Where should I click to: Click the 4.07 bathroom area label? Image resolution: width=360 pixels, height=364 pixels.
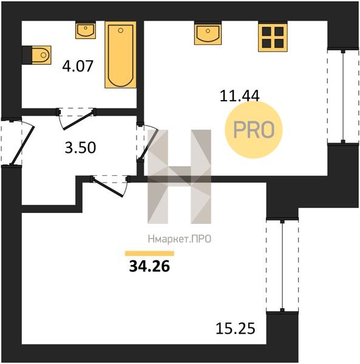coord(78,66)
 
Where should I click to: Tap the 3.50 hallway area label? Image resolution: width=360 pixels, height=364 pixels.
coord(80,147)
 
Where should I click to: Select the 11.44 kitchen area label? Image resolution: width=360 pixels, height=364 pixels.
coord(239,96)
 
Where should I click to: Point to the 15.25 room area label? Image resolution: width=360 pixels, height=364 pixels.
coord(236,328)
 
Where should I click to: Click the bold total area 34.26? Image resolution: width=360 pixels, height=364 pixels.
coord(149,266)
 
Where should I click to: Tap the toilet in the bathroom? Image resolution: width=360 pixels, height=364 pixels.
coord(36,55)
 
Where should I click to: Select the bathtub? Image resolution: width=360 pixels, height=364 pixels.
coord(120,55)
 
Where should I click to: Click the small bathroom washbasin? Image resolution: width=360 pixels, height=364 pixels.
coord(86,30)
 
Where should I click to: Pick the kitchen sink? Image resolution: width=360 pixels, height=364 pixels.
coord(208,33)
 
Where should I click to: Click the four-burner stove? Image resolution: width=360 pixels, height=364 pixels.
coord(273,36)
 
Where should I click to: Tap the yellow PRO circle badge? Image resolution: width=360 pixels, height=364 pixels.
coord(254,130)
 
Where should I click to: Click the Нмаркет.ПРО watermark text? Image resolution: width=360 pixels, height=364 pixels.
coord(180,239)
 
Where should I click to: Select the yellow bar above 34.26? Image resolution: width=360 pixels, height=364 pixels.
coord(149,254)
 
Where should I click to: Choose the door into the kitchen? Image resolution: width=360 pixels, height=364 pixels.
coord(147,142)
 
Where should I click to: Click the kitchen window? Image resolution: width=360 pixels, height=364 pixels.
coord(343,96)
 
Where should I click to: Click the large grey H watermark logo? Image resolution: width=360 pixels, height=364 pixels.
coord(179,177)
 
